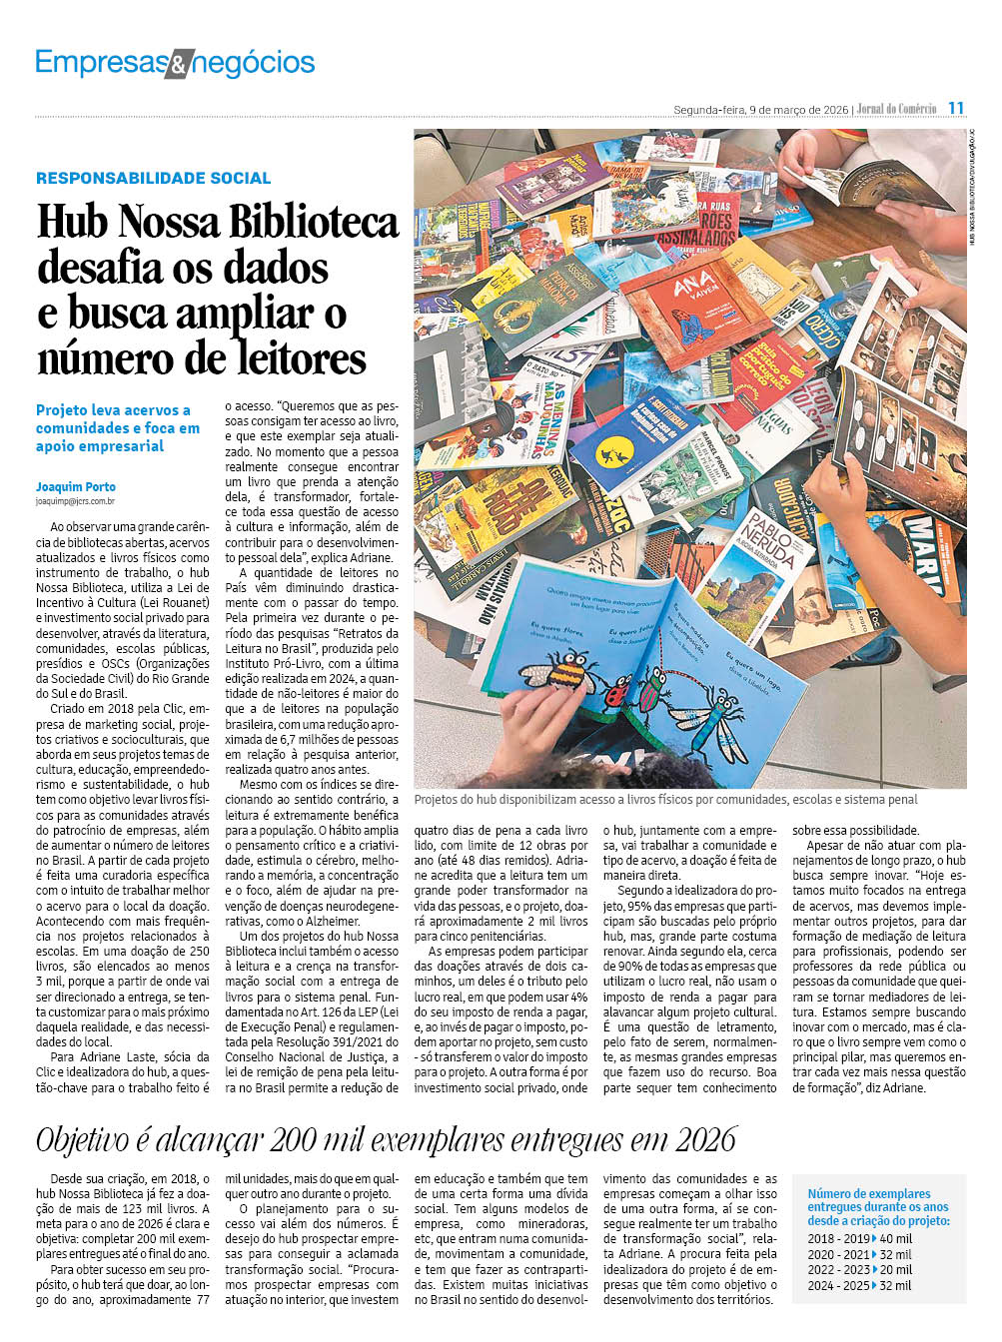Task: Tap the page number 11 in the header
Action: click(956, 108)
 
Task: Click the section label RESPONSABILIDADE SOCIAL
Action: click(154, 178)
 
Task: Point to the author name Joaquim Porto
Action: click(76, 486)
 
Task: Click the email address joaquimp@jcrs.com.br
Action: click(75, 501)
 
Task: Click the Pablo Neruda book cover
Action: click(769, 559)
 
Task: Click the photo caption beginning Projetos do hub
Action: click(665, 800)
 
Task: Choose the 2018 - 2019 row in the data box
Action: click(859, 1239)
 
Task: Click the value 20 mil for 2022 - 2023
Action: click(896, 1270)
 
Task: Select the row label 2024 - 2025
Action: click(838, 1285)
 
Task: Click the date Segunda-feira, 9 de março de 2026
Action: click(760, 109)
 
